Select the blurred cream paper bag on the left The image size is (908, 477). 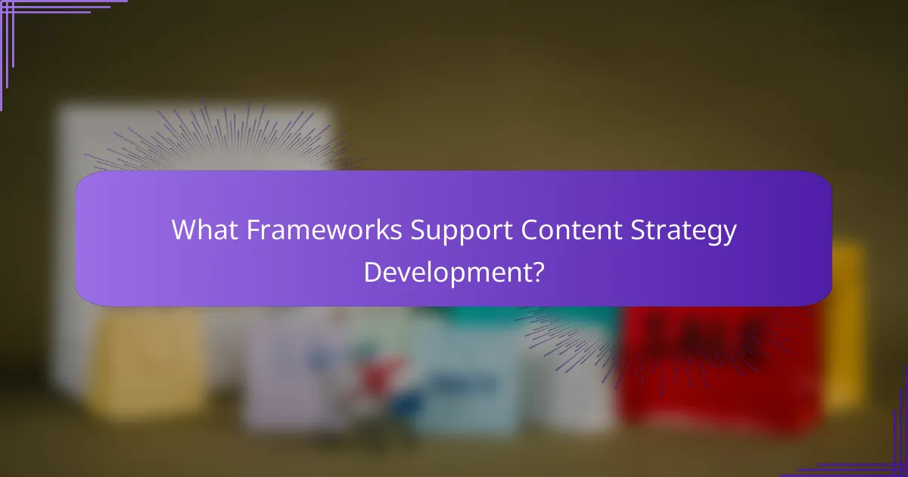tap(148, 363)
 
